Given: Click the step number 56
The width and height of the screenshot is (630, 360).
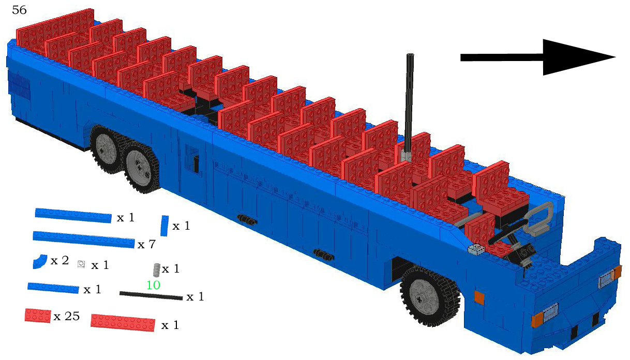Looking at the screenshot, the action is coord(19,10).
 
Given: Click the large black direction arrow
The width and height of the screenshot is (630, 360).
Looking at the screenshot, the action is coord(538,57).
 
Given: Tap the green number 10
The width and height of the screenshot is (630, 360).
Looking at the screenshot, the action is coord(153,285).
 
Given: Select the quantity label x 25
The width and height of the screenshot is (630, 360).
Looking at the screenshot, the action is coord(67,317).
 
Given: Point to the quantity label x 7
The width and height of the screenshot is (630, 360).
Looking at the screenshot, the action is coord(146,245).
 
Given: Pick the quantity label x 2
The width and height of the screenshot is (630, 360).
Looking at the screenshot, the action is coord(59,261).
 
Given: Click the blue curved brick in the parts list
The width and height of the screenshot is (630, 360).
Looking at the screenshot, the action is coord(40,262).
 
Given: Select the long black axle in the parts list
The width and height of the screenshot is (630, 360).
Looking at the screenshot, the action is coord(151,296).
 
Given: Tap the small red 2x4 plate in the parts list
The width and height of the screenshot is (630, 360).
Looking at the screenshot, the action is coord(38,316).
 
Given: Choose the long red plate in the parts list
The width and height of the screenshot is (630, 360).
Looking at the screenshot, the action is coord(123,323).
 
